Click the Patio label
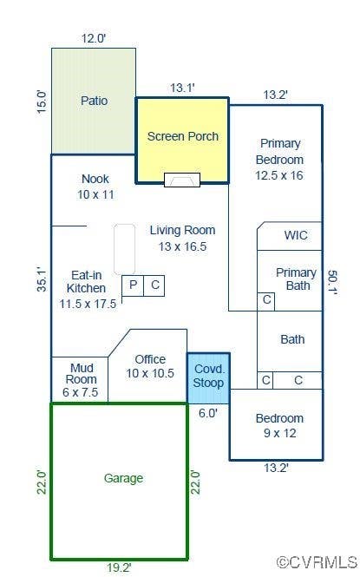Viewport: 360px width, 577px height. pyautogui.click(x=95, y=101)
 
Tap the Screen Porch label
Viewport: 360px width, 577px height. pyautogui.click(x=183, y=136)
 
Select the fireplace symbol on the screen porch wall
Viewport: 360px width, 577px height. pyautogui.click(x=182, y=180)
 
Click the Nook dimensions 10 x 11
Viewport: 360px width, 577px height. pyautogui.click(x=95, y=194)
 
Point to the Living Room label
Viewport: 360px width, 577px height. pyautogui.click(x=182, y=230)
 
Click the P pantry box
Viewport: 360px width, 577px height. pyautogui.click(x=133, y=285)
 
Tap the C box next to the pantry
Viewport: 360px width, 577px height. pyautogui.click(x=154, y=285)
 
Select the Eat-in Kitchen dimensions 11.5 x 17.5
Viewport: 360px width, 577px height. pyautogui.click(x=88, y=304)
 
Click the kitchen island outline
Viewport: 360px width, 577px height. pyautogui.click(x=124, y=249)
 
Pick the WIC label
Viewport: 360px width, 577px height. pyautogui.click(x=296, y=235)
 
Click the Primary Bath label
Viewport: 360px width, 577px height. pyautogui.click(x=297, y=279)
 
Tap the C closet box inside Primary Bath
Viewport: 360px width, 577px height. pyautogui.click(x=265, y=302)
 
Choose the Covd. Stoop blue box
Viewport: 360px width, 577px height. pyautogui.click(x=208, y=378)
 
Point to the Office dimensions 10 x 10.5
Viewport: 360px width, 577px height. pyautogui.click(x=150, y=373)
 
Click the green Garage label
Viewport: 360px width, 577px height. pyautogui.click(x=123, y=478)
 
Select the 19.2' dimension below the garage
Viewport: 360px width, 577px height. pyautogui.click(x=119, y=567)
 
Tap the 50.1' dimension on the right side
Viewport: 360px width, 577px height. pyautogui.click(x=332, y=283)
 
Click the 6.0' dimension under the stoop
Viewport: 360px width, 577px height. pyautogui.click(x=208, y=413)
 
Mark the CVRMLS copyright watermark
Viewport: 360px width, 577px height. pyautogui.click(x=317, y=562)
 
